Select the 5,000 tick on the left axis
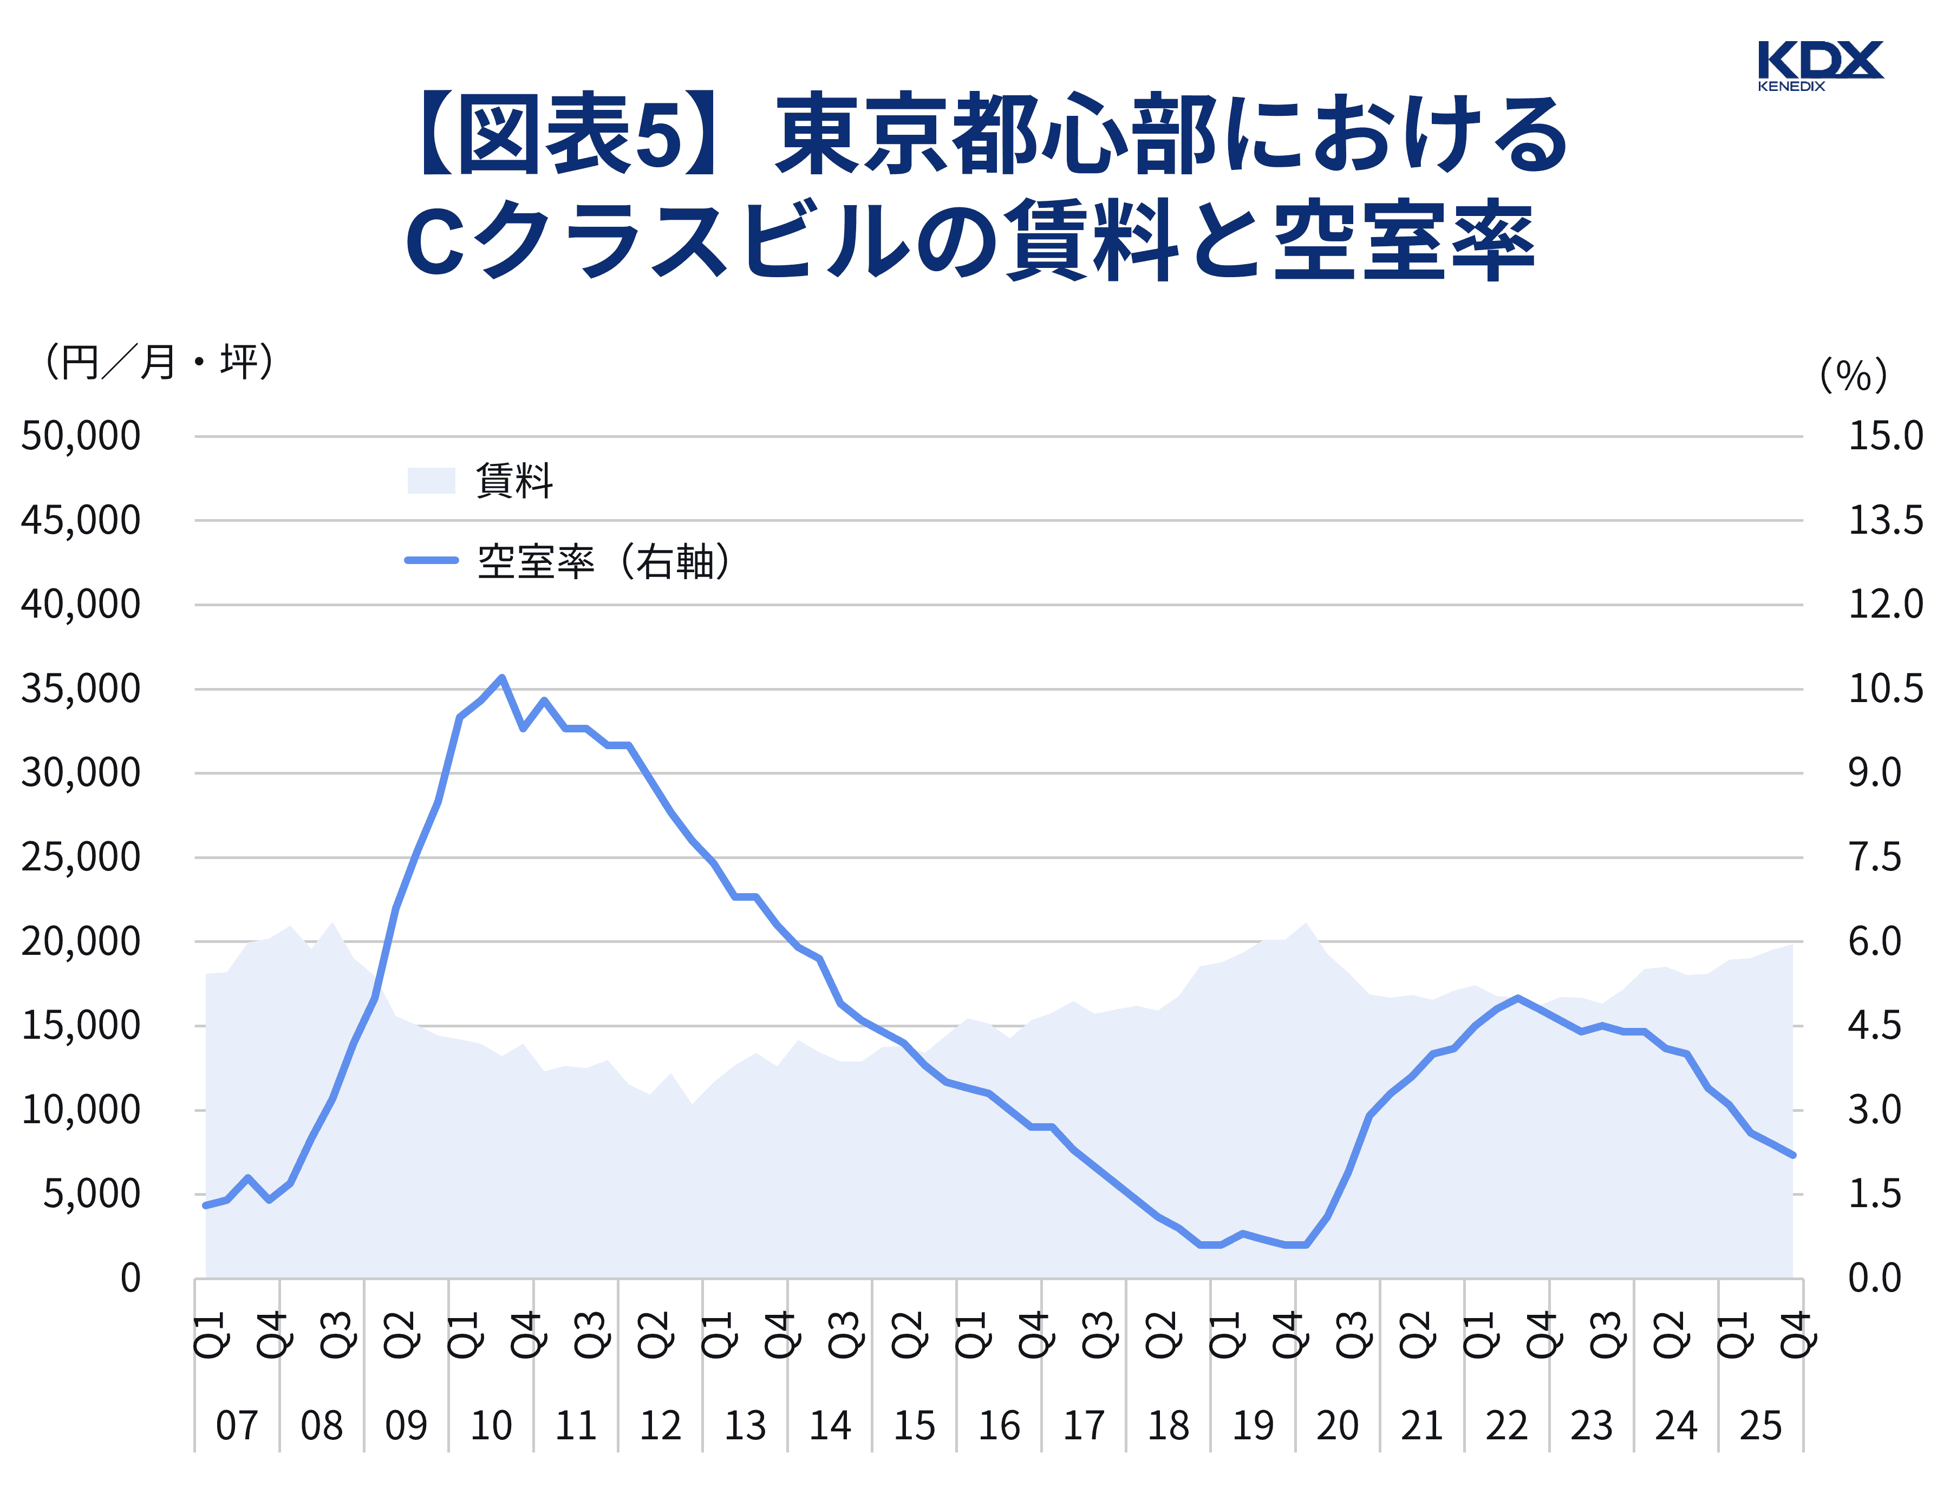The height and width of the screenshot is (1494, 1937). pos(92,1194)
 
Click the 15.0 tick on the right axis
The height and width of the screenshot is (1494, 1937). pos(1884,436)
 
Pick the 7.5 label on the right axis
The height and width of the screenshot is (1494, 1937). pos(1874,857)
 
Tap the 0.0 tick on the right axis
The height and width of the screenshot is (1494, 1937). pos(1874,1279)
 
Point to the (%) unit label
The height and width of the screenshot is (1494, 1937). pos(1853,375)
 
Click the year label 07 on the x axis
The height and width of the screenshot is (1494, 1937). pos(237,1426)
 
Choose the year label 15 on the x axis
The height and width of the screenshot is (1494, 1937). pos(915,1426)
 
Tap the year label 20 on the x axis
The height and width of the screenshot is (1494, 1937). pos(1338,1426)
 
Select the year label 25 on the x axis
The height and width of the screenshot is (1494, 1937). pos(1760,1426)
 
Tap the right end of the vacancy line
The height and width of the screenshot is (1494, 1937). pos(1792,1155)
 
